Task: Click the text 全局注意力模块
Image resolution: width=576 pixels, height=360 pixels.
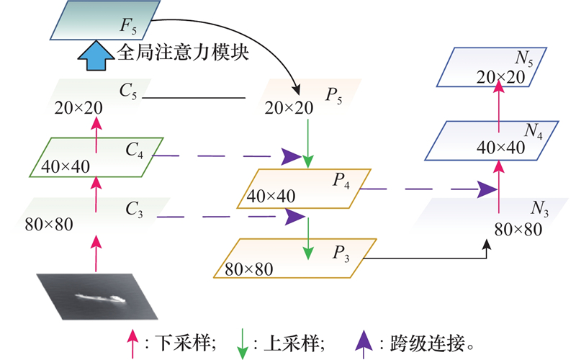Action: [x=183, y=53]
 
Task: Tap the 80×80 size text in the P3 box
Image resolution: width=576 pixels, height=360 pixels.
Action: [x=250, y=269]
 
